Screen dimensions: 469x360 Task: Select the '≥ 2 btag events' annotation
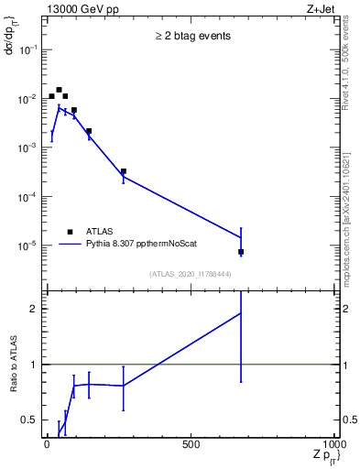[191, 37]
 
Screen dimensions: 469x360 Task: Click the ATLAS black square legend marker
[70, 232]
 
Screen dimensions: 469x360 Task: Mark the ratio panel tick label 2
[33, 309]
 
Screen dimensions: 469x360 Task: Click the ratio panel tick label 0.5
[28, 420]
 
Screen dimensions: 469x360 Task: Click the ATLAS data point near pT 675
[241, 252]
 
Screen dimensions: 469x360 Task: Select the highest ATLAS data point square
[59, 90]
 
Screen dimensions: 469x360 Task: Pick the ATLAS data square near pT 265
[123, 171]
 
